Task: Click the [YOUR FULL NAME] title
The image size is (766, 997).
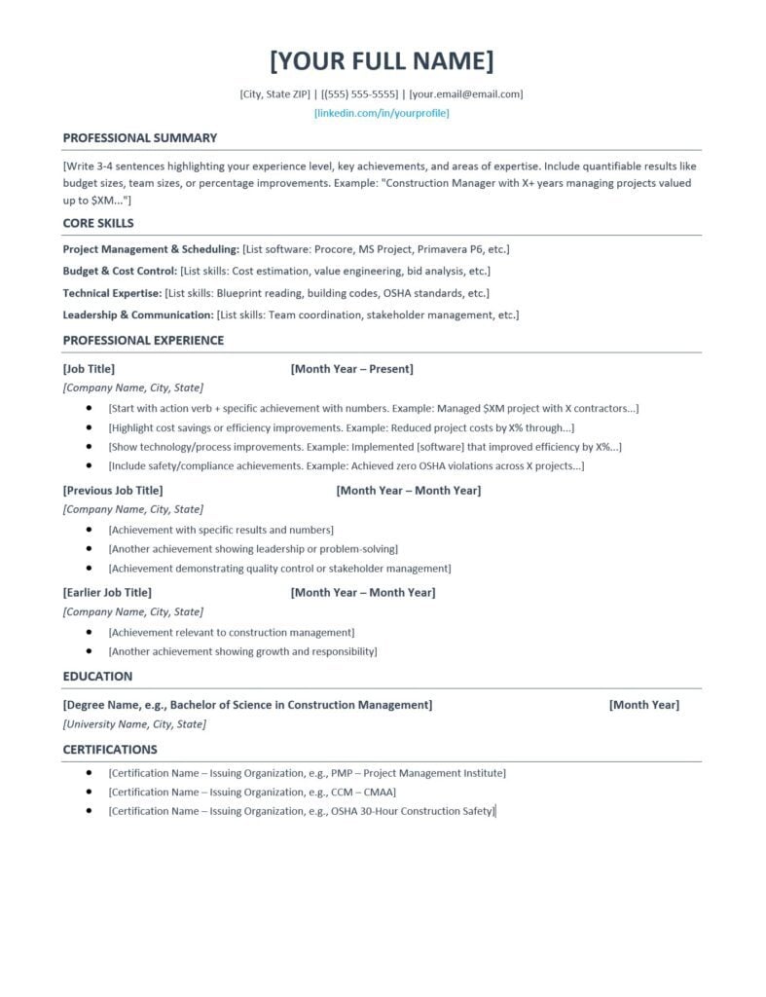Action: click(x=382, y=60)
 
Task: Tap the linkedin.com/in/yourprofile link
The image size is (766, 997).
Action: click(x=382, y=113)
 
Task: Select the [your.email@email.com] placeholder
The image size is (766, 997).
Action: click(x=466, y=94)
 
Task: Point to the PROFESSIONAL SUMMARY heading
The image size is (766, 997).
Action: click(x=140, y=138)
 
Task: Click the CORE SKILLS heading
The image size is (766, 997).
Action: click(x=98, y=223)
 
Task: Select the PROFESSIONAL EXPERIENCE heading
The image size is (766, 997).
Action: click(x=143, y=341)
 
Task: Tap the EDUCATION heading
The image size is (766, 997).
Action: click(x=97, y=677)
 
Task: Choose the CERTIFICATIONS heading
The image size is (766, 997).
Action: click(x=110, y=750)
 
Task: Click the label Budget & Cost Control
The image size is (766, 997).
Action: click(x=120, y=271)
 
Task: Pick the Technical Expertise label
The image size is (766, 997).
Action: click(x=112, y=293)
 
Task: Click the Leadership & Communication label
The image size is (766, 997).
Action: click(x=138, y=315)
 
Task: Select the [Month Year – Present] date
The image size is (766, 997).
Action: click(x=351, y=369)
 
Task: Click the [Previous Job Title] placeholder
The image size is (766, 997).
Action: click(x=113, y=491)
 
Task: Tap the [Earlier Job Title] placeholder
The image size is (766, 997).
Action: click(x=107, y=593)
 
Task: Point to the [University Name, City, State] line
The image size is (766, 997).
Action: click(x=134, y=724)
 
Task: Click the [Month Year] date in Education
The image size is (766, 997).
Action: click(x=643, y=705)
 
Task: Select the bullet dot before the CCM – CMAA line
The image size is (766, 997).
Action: click(x=90, y=792)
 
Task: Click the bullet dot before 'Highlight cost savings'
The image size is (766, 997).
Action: click(x=90, y=427)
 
